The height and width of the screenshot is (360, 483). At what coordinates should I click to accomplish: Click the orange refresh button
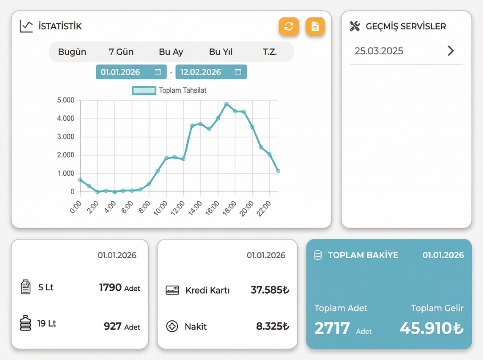[x=289, y=26]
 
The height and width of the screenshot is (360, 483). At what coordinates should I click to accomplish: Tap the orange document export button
[x=315, y=26]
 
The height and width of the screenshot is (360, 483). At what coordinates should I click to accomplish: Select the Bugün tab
[x=72, y=52]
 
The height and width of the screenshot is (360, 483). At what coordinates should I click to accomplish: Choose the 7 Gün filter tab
[x=121, y=52]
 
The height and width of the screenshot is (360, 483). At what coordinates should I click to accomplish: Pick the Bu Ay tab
[x=171, y=52]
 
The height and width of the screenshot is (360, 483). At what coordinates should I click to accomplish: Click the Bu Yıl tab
[x=221, y=52]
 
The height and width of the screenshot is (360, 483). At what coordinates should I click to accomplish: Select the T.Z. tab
[x=270, y=52]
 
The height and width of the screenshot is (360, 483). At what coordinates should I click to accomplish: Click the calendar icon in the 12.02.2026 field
[x=238, y=72]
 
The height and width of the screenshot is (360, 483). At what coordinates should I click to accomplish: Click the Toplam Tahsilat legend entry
[x=170, y=90]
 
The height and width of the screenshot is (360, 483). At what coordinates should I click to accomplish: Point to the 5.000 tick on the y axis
[x=66, y=100]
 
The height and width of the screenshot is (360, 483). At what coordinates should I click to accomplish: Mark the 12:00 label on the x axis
[x=178, y=207]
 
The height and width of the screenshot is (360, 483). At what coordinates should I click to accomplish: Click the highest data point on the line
[x=226, y=104]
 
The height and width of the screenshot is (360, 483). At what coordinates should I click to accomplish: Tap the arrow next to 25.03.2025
[x=451, y=51]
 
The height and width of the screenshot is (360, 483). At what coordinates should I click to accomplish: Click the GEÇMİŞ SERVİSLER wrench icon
[x=355, y=26]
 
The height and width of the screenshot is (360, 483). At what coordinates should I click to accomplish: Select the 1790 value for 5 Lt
[x=110, y=287]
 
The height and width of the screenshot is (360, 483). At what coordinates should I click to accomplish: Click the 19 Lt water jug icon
[x=25, y=323]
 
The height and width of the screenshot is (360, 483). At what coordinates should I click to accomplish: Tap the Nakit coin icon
[x=172, y=326]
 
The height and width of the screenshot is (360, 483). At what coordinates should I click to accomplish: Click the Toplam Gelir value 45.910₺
[x=431, y=328]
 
